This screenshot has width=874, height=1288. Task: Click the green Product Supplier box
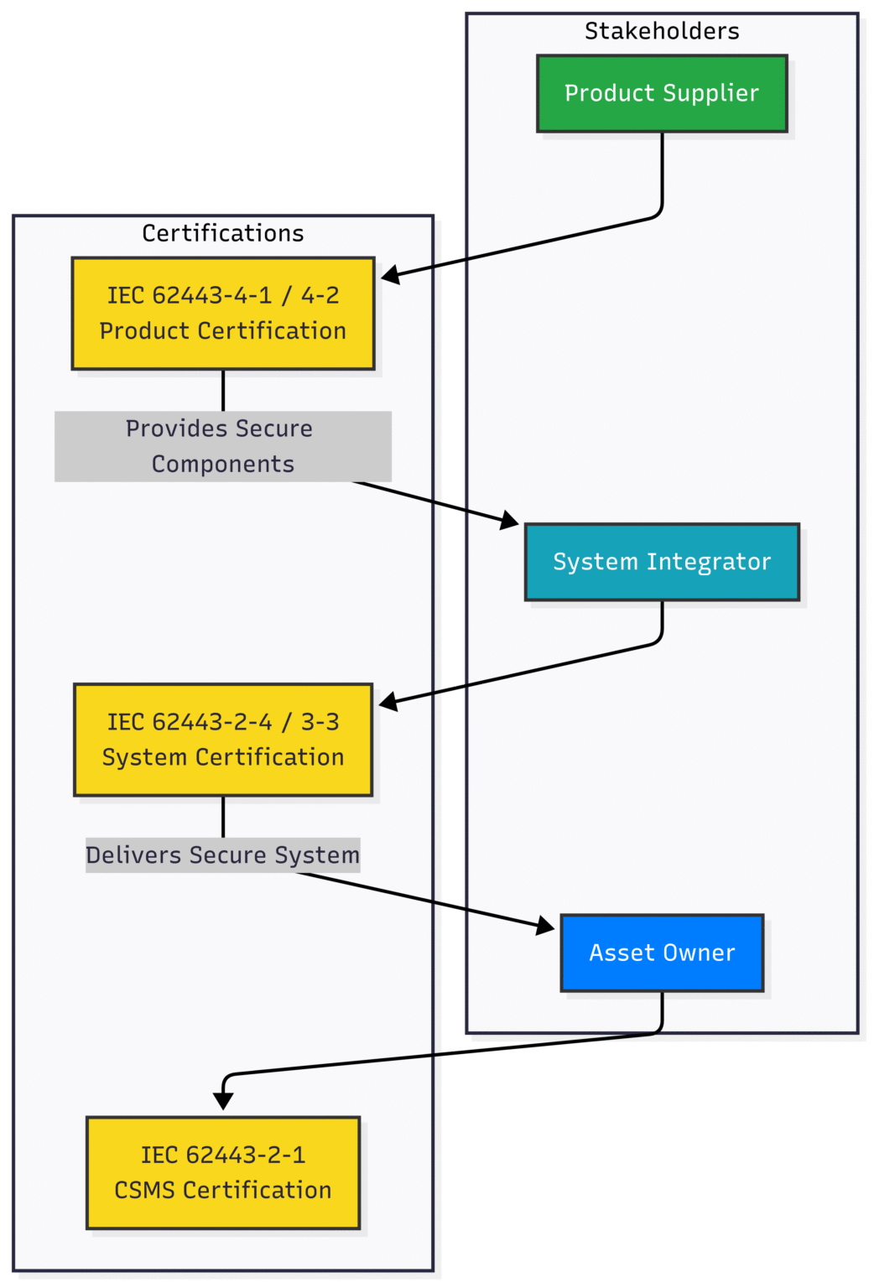[x=662, y=94]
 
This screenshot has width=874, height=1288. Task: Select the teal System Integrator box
[x=662, y=562]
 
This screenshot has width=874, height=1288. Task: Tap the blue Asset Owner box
[x=662, y=953]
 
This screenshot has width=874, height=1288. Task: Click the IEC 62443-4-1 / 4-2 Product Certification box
[x=223, y=314]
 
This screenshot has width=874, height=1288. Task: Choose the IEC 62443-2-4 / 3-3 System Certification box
[x=223, y=740]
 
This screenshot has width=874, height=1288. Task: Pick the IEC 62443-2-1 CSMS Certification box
[x=223, y=1172]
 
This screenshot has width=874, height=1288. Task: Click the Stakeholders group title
[x=662, y=32]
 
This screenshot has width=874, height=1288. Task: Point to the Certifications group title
[x=223, y=233]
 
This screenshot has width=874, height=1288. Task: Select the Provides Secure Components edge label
[x=223, y=446]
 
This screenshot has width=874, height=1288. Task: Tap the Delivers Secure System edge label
[x=223, y=855]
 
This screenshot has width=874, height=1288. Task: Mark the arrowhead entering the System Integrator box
[x=509, y=521]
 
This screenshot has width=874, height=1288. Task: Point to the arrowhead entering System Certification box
[x=388, y=701]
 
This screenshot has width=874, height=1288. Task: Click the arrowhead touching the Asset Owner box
[x=545, y=926]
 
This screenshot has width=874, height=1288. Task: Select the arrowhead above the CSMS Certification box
[x=223, y=1100]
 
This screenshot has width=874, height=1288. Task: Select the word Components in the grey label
[x=223, y=465]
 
